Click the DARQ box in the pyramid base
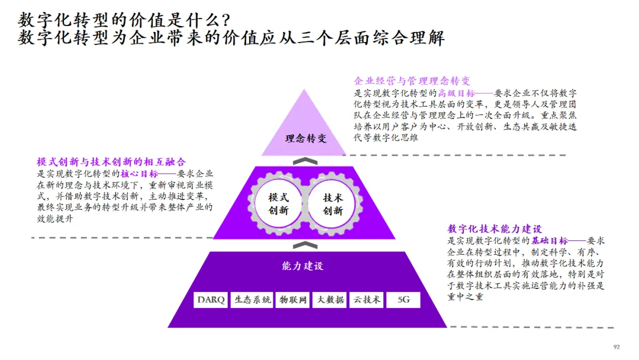click(x=211, y=300)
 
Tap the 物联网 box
click(x=293, y=300)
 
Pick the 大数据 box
click(x=330, y=300)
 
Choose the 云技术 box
click(x=367, y=300)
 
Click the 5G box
click(x=404, y=300)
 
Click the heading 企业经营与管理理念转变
click(x=412, y=81)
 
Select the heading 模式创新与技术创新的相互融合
click(x=111, y=162)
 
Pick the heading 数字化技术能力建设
click(x=495, y=229)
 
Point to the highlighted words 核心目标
click(x=140, y=174)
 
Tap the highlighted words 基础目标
click(x=548, y=241)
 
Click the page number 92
click(x=617, y=347)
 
